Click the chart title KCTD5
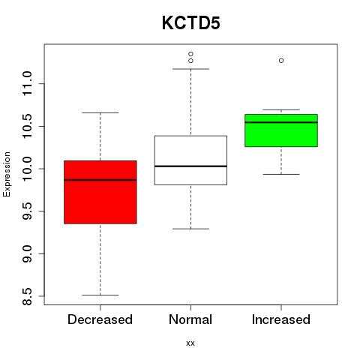coord(191,23)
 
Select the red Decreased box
coord(100,192)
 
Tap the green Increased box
coord(281,130)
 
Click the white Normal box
coord(190,160)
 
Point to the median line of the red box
coord(100,180)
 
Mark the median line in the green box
coord(281,122)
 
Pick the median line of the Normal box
coord(190,166)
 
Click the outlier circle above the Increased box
coord(281,61)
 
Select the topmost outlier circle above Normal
coord(190,54)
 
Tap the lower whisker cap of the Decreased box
coord(100,295)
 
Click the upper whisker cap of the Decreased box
coord(100,112)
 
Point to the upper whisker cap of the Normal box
coord(190,69)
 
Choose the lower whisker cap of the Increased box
coord(281,174)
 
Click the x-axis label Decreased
coord(100,319)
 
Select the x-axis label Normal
coord(190,319)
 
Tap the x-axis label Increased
coord(281,319)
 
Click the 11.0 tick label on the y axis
coord(27,83)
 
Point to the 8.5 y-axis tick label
coord(27,296)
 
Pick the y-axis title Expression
coord(7,174)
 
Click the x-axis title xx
coord(190,343)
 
